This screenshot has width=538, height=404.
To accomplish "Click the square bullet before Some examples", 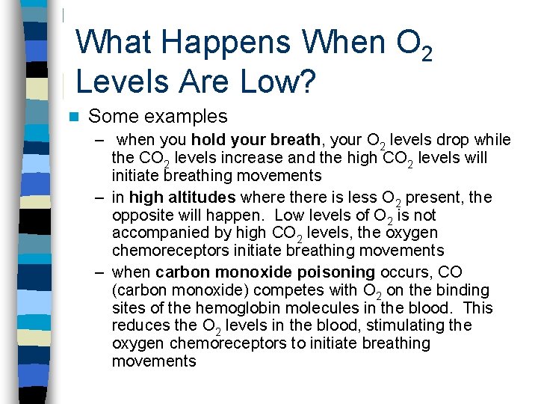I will [x=72, y=117].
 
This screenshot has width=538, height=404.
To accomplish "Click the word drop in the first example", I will [x=458, y=140].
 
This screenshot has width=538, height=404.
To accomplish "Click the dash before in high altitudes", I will [x=99, y=198].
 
